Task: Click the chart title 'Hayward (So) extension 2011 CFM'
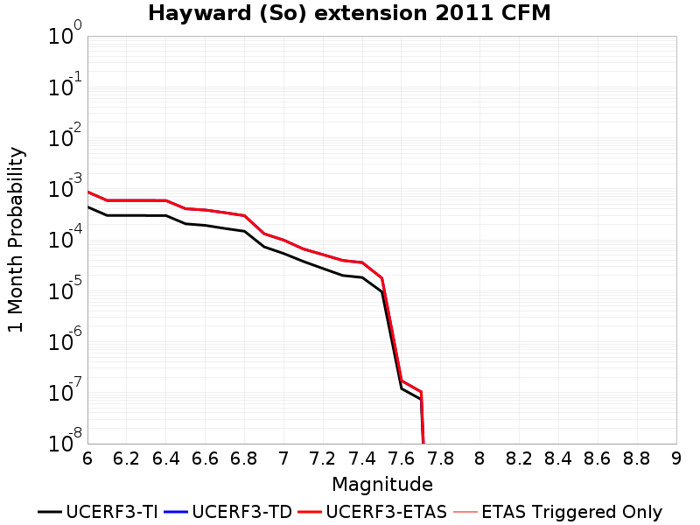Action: (349, 13)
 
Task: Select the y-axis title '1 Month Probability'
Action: (16, 240)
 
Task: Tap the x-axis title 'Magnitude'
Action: (382, 485)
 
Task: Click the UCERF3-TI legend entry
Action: (98, 512)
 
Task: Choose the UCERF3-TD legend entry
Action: (228, 512)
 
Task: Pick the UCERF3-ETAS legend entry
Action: (373, 512)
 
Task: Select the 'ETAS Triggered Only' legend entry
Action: (557, 512)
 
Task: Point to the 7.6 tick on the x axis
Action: (402, 458)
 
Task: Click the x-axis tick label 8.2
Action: (519, 458)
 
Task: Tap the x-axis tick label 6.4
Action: (165, 458)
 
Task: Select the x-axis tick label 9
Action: (676, 458)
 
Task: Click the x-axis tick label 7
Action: (283, 458)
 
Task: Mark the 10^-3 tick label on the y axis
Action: (65, 186)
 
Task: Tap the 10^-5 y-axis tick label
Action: (65, 289)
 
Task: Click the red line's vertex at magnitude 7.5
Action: (381, 278)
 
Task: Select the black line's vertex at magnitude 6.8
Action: (244, 231)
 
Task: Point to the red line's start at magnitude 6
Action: (88, 192)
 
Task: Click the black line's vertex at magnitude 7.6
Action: (402, 388)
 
